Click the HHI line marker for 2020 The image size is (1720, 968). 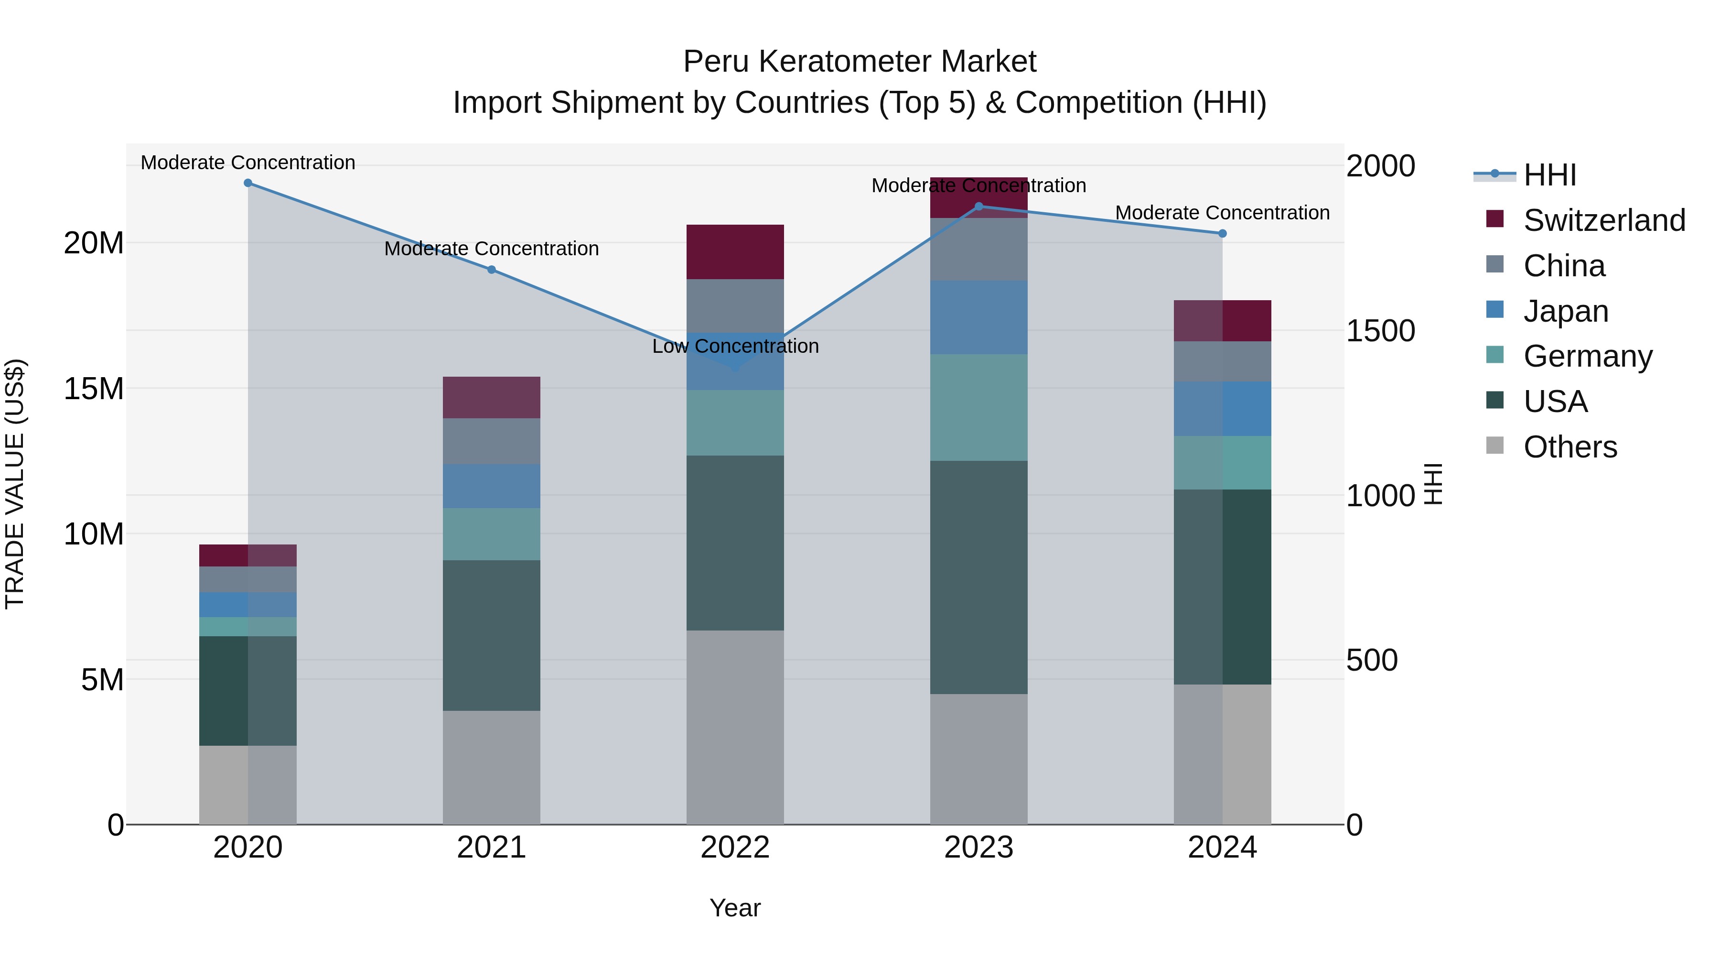[247, 183]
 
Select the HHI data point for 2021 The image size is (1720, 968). [492, 270]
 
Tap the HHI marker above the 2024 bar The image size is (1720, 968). [1223, 234]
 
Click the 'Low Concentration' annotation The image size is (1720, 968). [735, 346]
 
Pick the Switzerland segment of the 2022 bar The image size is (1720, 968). [735, 252]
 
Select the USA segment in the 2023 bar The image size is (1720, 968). [979, 577]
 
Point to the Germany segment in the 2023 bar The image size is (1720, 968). [979, 407]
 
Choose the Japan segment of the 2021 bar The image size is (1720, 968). [492, 486]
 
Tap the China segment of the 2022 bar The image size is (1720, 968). [735, 305]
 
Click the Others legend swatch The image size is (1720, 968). [1495, 446]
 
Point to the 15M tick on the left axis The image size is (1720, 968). [94, 389]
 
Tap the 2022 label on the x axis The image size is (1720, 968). [735, 848]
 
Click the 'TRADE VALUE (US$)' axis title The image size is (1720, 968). [15, 484]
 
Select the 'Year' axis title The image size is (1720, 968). [735, 908]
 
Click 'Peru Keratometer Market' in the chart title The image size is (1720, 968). [860, 62]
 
